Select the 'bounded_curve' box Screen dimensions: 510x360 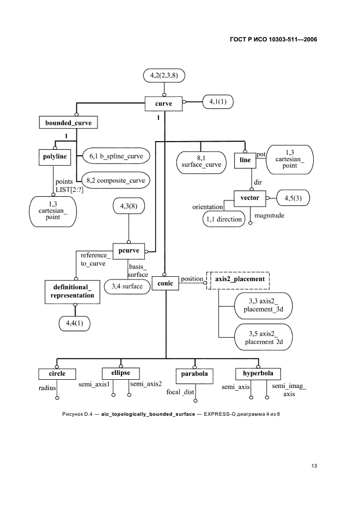(68, 123)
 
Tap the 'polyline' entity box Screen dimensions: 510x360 (54, 157)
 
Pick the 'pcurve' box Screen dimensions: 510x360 (129, 251)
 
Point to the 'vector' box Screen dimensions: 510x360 (249, 197)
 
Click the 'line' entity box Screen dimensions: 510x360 (245, 160)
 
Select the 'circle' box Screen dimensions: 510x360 (56, 374)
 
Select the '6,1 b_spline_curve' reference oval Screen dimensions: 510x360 (116, 156)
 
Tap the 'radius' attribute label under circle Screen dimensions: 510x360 (47, 388)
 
